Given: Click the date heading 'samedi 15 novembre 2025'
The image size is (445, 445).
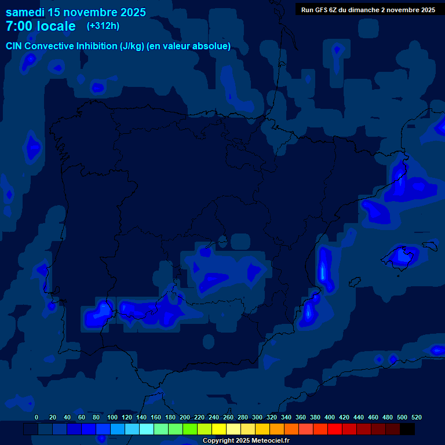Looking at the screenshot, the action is click(x=75, y=12).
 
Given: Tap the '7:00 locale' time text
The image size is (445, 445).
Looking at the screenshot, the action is click(x=41, y=26).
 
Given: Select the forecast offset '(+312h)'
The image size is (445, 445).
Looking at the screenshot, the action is click(x=103, y=26).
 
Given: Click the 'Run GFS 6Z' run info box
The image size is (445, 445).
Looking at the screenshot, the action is click(x=368, y=10).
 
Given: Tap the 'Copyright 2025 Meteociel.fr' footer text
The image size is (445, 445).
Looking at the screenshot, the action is click(x=246, y=440).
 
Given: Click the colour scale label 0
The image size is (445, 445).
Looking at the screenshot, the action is click(x=37, y=417).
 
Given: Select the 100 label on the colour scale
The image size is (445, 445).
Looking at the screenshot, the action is click(x=112, y=417).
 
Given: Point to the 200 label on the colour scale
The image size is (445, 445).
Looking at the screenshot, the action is click(x=185, y=417).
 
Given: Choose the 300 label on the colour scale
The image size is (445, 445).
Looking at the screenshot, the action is click(x=257, y=417).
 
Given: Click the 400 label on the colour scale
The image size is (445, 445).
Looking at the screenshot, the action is click(x=330, y=417).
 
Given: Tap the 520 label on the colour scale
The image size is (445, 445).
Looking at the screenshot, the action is click(x=416, y=417).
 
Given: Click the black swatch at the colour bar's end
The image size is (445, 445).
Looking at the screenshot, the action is click(x=407, y=429).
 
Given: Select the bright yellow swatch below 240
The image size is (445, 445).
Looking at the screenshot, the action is click(x=219, y=429).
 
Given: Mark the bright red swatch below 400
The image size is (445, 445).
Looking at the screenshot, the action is click(x=335, y=429).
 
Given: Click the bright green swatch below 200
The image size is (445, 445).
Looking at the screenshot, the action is click(x=190, y=429).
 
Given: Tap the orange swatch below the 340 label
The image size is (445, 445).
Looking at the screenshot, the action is click(x=291, y=429).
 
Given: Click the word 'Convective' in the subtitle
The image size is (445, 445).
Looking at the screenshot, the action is click(x=50, y=46).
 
